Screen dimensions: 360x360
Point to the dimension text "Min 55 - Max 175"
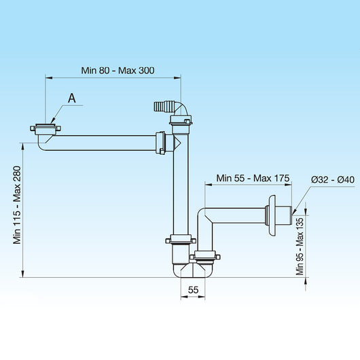pyautogui.click(x=253, y=178)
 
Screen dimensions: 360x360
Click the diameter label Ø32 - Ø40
pyautogui.click(x=333, y=179)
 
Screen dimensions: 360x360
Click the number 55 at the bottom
pyautogui.click(x=193, y=289)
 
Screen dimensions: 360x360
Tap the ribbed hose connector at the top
pyautogui.click(x=160, y=107)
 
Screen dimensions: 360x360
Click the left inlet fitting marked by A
pyautogui.click(x=46, y=128)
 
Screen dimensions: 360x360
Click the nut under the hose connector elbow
pyautogui.click(x=181, y=121)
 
